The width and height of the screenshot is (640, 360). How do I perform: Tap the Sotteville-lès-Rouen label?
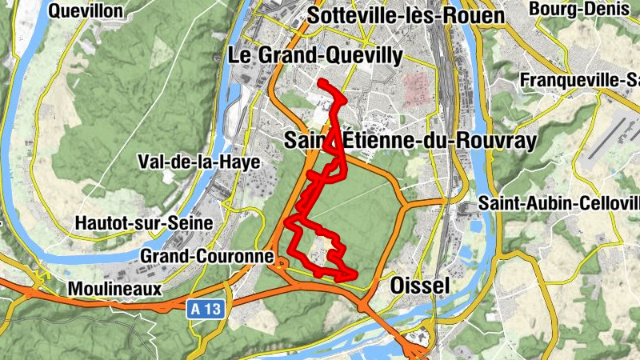406,16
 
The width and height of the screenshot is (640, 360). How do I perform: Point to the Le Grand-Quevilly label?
317,55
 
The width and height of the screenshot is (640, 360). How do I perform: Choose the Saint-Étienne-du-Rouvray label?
410,141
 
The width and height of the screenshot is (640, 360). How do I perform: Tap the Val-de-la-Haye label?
199,162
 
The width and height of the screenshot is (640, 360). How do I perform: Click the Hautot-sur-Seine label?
143,222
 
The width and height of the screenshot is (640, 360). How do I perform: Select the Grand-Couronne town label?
206,256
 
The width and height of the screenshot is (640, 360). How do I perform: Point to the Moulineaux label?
115,288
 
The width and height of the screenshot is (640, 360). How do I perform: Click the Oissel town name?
422,286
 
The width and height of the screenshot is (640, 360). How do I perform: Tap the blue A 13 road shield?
206,308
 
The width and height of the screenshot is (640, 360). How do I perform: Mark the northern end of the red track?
320,82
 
